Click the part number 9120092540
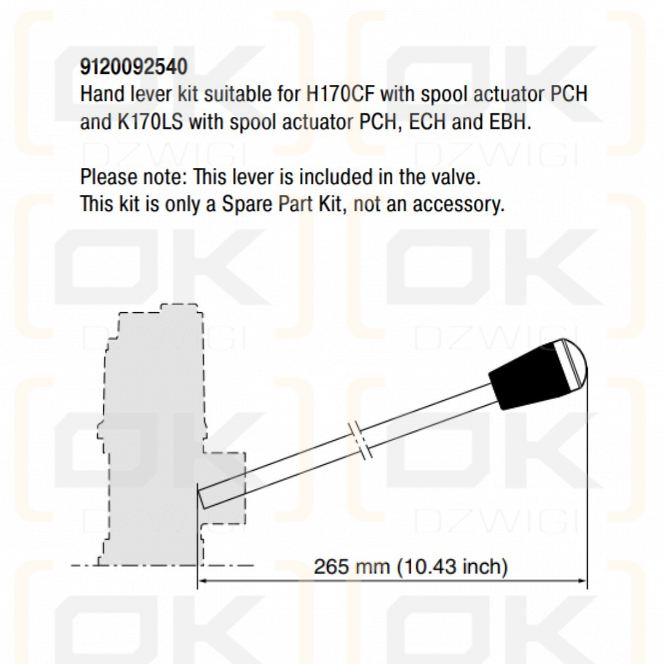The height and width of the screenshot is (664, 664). pyautogui.click(x=134, y=67)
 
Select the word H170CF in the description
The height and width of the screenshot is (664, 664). pyautogui.click(x=340, y=93)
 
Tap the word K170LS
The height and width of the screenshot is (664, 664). pyautogui.click(x=151, y=122)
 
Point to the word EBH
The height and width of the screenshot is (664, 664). pyautogui.click(x=510, y=122)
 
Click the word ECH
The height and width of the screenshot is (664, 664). pyautogui.click(x=427, y=122)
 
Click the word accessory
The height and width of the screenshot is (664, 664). pyautogui.click(x=459, y=205)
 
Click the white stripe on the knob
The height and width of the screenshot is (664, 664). pyautogui.click(x=568, y=365)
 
